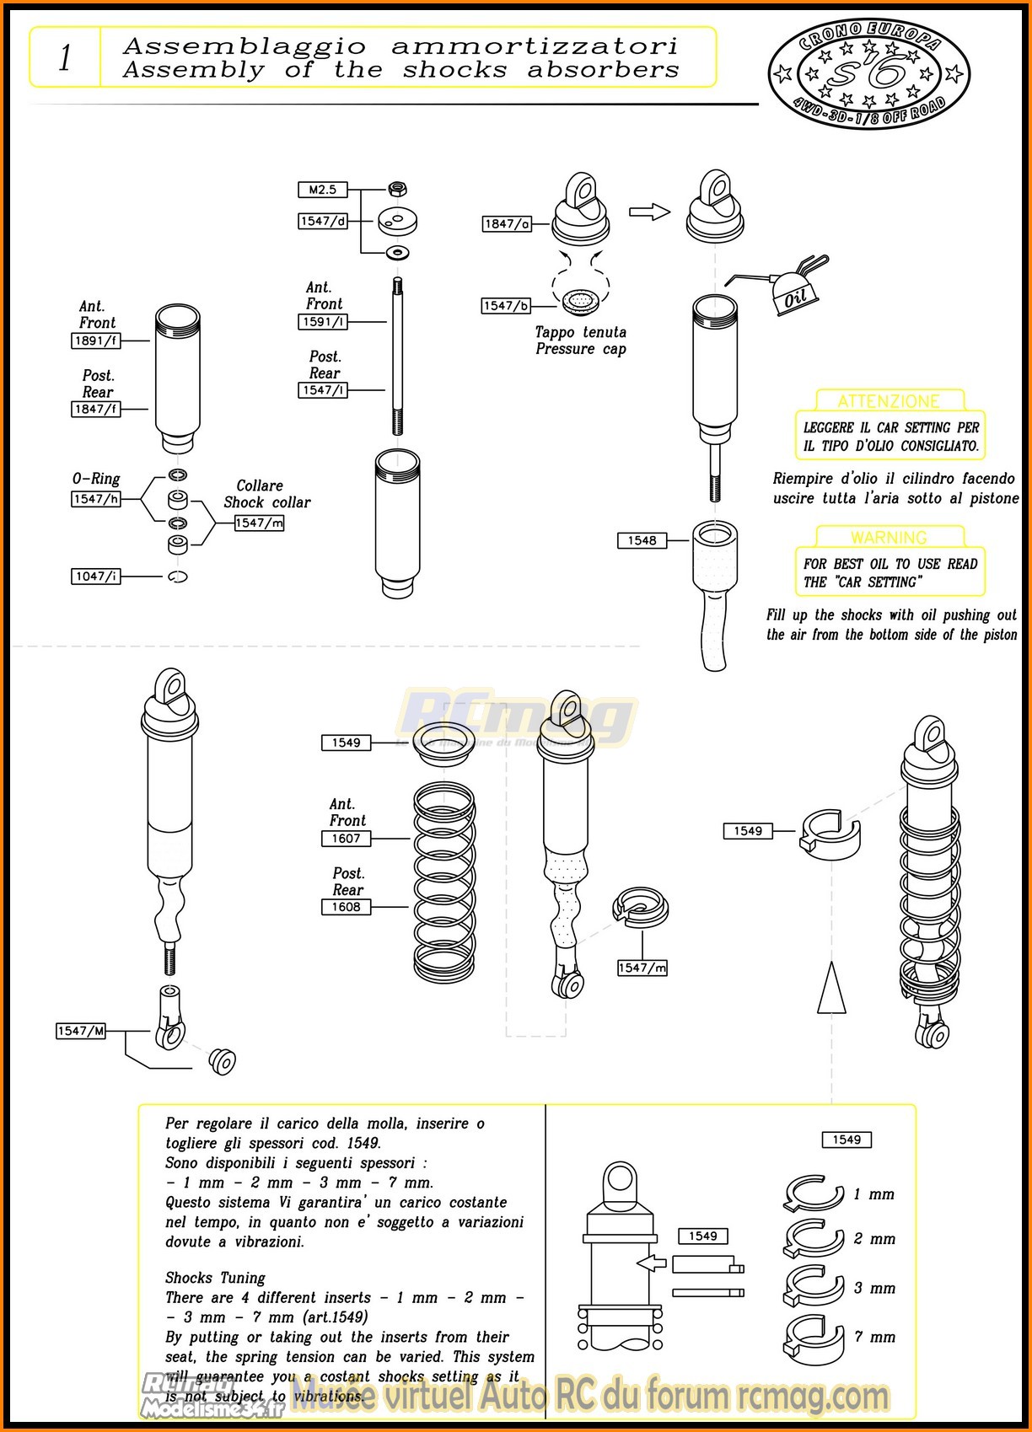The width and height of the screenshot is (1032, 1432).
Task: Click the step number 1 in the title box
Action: (x=65, y=58)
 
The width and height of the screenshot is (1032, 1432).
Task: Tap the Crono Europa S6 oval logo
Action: (x=868, y=74)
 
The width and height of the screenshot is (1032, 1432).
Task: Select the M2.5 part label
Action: (x=322, y=190)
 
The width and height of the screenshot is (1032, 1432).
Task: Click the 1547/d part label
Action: (x=322, y=221)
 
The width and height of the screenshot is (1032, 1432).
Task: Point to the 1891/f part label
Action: (x=95, y=341)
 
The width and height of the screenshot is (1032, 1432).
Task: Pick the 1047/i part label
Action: (x=95, y=577)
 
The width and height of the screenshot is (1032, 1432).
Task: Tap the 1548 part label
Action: (x=642, y=540)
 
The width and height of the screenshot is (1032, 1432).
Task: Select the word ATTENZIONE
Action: (x=889, y=401)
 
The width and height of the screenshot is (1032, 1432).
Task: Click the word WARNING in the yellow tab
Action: (x=889, y=538)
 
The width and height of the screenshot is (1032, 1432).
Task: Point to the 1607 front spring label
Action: (x=346, y=839)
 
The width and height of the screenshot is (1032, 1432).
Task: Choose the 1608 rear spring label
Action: (x=346, y=907)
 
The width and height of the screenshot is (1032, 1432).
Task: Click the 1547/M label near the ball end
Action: (x=81, y=1031)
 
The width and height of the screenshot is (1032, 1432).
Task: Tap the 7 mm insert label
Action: (x=874, y=1337)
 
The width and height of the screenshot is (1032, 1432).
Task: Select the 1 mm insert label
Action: (x=874, y=1194)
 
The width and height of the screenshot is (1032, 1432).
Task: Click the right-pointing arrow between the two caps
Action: (x=649, y=212)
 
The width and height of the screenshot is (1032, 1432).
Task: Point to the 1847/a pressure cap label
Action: (x=507, y=223)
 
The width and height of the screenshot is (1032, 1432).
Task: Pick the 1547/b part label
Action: (x=506, y=306)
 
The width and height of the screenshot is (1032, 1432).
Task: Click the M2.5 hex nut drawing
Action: (x=398, y=188)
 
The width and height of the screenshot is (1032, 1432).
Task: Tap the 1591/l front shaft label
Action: (x=322, y=322)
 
